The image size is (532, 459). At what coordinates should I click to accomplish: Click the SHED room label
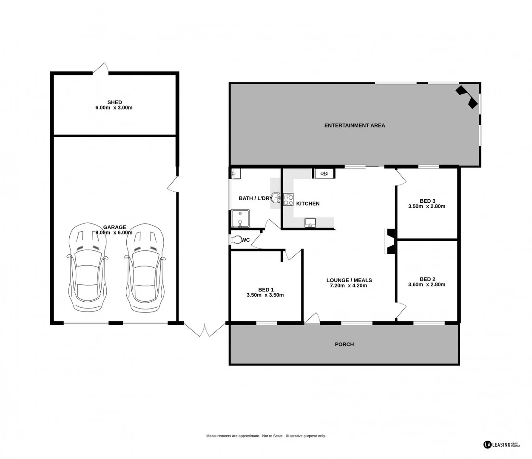(x=114, y=102)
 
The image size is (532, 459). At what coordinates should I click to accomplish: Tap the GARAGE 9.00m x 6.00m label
(x=114, y=230)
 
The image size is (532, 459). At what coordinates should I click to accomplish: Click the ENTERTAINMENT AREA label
(x=354, y=125)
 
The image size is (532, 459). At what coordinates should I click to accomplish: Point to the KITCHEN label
(x=307, y=204)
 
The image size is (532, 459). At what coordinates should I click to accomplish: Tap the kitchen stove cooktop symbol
(x=288, y=200)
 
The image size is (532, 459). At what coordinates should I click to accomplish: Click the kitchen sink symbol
(x=310, y=223)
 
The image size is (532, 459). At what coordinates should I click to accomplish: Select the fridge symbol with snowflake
(x=324, y=173)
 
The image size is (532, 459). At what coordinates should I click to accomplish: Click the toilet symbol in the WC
(x=236, y=240)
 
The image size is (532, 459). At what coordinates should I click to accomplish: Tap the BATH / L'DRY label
(x=255, y=198)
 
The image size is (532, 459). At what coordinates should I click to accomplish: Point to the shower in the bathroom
(x=240, y=219)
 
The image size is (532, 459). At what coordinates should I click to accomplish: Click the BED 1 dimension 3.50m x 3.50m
(x=265, y=295)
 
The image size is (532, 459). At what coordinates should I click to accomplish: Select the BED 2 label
(x=427, y=279)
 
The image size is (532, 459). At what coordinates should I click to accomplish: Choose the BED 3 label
(x=427, y=201)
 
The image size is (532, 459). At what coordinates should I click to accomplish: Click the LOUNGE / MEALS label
(x=349, y=280)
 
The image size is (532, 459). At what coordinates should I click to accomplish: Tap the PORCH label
(x=344, y=344)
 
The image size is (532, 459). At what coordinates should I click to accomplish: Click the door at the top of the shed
(x=101, y=69)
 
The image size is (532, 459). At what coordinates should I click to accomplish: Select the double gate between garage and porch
(x=205, y=330)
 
